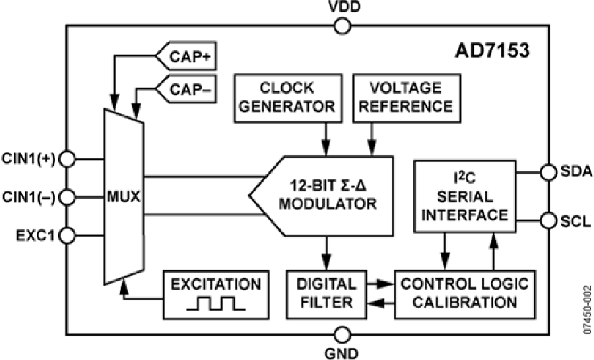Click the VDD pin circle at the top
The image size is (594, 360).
tap(342, 26)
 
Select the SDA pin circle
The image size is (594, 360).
tap(548, 172)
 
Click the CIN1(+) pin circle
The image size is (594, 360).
tap(67, 159)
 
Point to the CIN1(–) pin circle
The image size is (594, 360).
tap(67, 196)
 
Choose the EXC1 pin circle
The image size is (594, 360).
tap(67, 234)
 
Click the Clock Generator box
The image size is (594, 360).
tap(287, 97)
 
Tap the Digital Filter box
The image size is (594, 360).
tap(325, 293)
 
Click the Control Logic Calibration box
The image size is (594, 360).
tap(465, 293)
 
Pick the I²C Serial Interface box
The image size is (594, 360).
tap(465, 196)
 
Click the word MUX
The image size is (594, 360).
tap(123, 197)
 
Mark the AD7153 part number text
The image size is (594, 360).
tap(492, 51)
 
